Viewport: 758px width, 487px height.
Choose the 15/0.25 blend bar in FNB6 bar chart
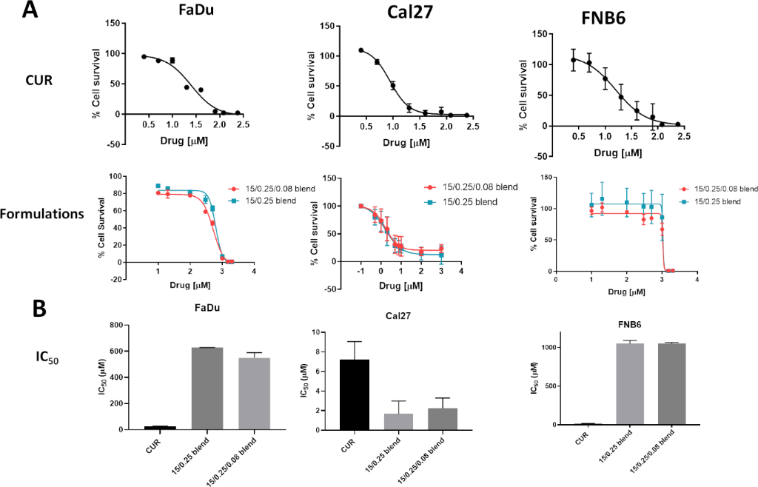(629, 384)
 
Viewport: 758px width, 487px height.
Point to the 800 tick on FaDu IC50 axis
(113, 326)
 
